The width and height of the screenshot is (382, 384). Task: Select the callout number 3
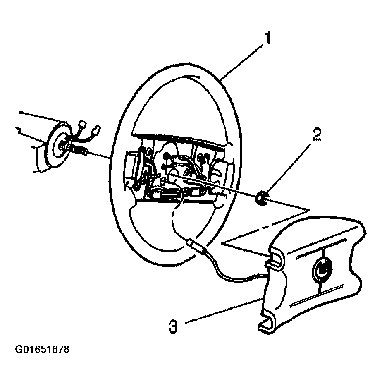(173, 326)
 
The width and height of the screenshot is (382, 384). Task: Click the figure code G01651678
(42, 349)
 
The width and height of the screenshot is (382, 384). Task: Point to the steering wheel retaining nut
(261, 198)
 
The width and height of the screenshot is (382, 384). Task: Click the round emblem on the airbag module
(322, 270)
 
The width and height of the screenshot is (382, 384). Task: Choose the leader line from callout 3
(223, 310)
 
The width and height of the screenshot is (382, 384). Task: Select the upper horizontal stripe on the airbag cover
(320, 247)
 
